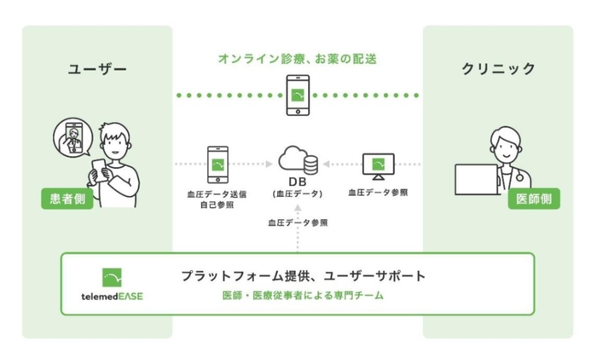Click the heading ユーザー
point(96,69)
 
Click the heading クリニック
point(499,69)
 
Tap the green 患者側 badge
point(66,198)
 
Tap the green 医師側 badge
point(533,199)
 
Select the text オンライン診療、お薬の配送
point(297,60)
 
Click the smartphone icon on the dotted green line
point(298,94)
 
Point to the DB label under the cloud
point(298,182)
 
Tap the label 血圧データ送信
point(219,194)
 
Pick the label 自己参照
point(219,205)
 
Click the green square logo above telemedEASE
point(112,278)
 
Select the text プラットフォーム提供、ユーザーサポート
point(303,276)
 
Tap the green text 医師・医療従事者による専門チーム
point(303,296)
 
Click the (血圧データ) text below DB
point(298,194)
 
